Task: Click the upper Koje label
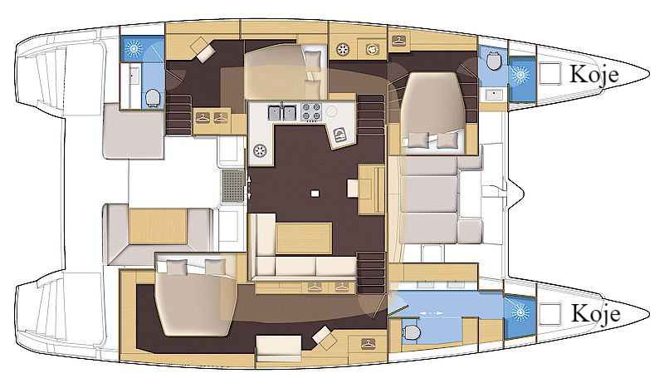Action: click(594, 75)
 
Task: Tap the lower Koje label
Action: click(595, 314)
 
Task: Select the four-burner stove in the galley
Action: click(311, 112)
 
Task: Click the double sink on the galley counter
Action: click(282, 113)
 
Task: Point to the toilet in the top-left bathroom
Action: click(152, 98)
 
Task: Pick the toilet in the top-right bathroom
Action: click(493, 61)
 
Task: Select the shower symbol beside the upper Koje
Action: click(520, 75)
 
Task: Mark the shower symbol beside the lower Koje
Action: click(520, 313)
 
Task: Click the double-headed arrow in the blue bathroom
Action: click(432, 313)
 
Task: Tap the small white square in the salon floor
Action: click(315, 194)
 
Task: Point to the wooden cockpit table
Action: click(158, 226)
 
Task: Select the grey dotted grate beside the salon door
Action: click(232, 186)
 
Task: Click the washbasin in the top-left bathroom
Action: click(134, 76)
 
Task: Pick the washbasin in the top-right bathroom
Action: click(493, 95)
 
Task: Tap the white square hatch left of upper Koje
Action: click(550, 73)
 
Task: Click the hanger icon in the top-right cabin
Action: click(398, 42)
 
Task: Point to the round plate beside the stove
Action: click(331, 111)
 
